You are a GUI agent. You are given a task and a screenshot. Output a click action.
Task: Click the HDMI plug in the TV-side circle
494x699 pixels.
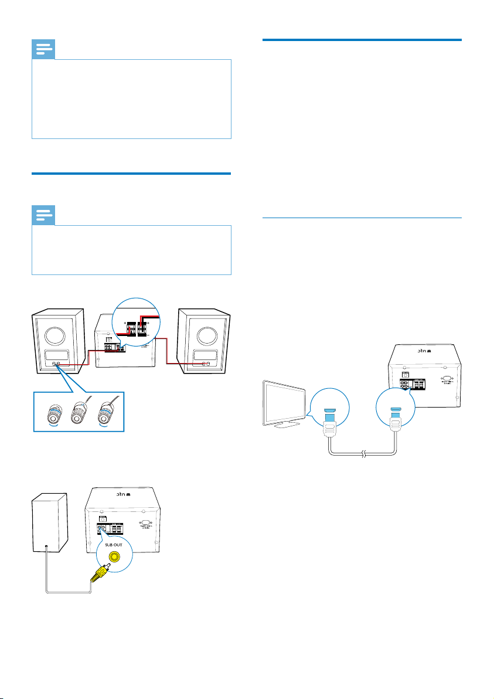[329, 405]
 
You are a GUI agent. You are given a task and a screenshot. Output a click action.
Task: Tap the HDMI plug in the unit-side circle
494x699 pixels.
[396, 405]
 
